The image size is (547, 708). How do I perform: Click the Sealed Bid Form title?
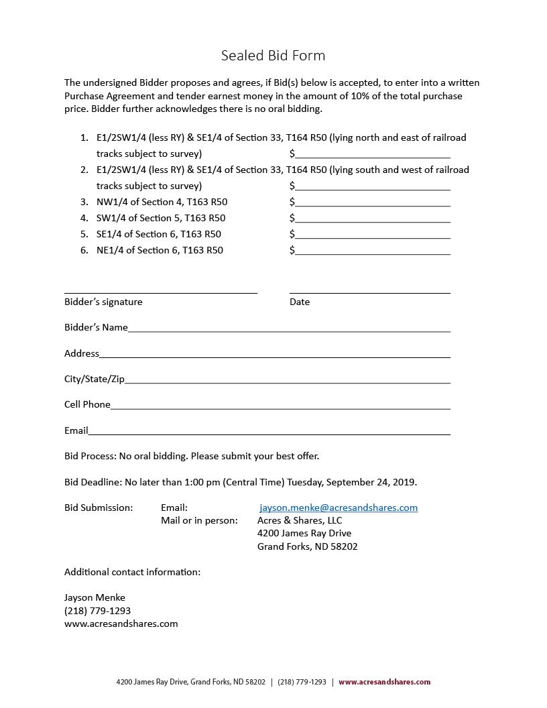point(273,56)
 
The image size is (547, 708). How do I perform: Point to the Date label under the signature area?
point(300,302)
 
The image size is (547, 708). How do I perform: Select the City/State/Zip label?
point(95,379)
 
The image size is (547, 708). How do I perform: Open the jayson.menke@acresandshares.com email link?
point(339,508)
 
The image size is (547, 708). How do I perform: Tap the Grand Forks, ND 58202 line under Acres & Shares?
point(308,546)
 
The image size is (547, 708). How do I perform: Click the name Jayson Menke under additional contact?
point(95,597)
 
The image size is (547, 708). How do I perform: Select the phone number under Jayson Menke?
point(97,611)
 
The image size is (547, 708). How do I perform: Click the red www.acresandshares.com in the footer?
point(384,682)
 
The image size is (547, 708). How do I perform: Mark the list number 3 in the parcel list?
point(84,202)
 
